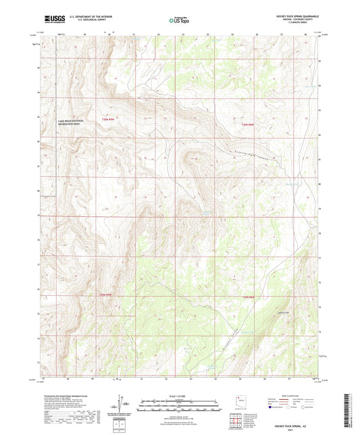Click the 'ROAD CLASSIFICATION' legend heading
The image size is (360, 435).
292,395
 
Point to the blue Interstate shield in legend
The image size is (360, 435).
271,407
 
